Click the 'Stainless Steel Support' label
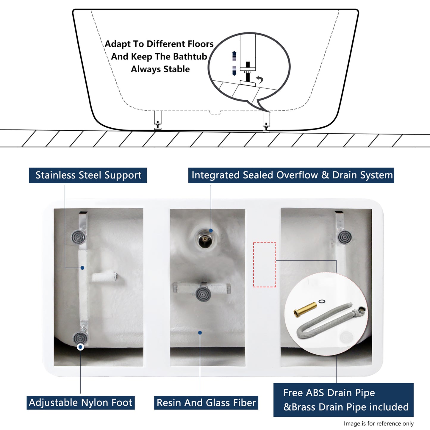[88, 175]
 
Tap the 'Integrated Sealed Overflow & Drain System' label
[291, 175]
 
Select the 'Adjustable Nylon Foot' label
[81, 403]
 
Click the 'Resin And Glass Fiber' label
[206, 403]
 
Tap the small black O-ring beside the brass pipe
[322, 301]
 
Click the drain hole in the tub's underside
[205, 240]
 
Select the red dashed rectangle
[265, 265]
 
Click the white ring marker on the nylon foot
[80, 347]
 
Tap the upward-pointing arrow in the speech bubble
[234, 56]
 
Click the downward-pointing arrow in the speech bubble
[234, 71]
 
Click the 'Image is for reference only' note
[379, 423]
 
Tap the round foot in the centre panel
[203, 294]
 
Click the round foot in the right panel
[345, 237]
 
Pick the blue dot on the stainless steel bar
[82, 268]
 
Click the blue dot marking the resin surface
[200, 333]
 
